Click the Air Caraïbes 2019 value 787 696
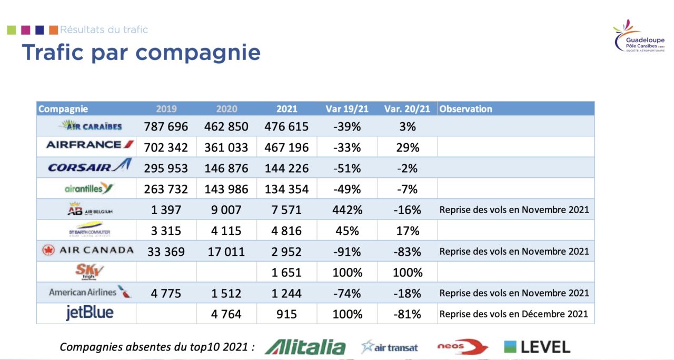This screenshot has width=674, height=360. coord(166,127)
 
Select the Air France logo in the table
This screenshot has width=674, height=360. coord(90,144)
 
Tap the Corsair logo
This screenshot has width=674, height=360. coord(89,167)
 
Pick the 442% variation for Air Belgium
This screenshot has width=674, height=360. coord(347,210)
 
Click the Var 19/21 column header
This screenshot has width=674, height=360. coord(347,109)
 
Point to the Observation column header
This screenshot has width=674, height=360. coord(465,109)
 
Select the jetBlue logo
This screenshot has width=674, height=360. coord(89,313)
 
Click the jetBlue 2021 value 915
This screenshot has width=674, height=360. coord(286,314)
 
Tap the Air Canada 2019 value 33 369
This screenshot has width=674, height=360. coord(166,252)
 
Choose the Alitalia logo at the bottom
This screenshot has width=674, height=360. coord(305,347)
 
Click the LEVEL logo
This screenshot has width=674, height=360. coord(537,347)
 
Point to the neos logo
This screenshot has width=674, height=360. coord(462,347)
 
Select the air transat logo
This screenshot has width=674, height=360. coord(390,347)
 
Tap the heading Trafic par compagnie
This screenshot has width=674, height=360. coord(141,53)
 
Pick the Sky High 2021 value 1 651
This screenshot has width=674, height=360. coord(286,273)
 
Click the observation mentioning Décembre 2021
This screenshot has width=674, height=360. coord(513,314)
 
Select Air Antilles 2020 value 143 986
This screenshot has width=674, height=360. coord(226,189)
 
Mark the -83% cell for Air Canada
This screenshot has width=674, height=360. coord(408,252)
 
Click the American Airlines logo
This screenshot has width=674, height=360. coord(89,292)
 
